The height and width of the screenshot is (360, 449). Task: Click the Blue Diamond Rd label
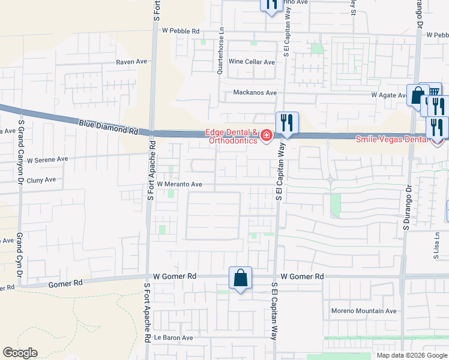(x=108, y=127)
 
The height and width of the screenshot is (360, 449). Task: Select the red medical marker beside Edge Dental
(x=265, y=137)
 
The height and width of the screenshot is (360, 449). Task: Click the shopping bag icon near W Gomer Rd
(x=240, y=278)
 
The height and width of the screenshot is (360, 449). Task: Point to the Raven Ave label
(x=132, y=62)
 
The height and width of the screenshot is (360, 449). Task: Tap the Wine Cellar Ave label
(x=252, y=62)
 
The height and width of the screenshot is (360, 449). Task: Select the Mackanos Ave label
(x=255, y=93)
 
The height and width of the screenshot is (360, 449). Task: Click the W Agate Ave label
(x=389, y=95)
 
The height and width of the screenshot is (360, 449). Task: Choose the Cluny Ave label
(x=41, y=179)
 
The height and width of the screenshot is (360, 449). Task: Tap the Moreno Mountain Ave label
(x=364, y=311)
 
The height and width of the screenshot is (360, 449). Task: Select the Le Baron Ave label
(x=173, y=337)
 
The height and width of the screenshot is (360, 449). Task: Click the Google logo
(x=20, y=353)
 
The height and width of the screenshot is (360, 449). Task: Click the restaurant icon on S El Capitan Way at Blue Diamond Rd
(x=287, y=124)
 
